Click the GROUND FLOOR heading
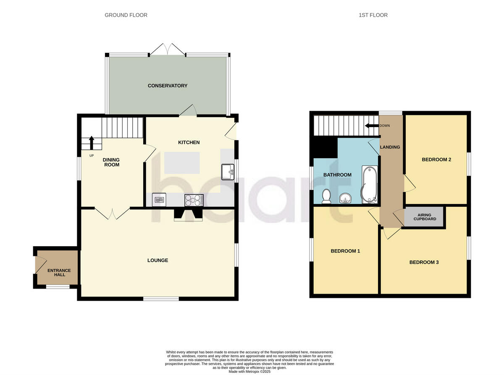coord(126,15)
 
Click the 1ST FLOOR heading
coord(373,15)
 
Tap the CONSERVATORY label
coord(168,86)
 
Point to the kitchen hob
coord(194,201)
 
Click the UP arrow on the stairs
coord(92,141)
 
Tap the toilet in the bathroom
coord(326,196)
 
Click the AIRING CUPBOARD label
coord(425,217)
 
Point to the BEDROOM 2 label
coord(436,159)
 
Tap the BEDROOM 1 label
coord(345,251)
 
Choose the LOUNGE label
coord(157,260)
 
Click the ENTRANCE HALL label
coord(59,273)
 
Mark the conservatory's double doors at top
coord(167,49)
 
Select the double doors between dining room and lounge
coord(112,214)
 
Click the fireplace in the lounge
coord(188,214)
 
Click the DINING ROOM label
coord(111,162)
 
